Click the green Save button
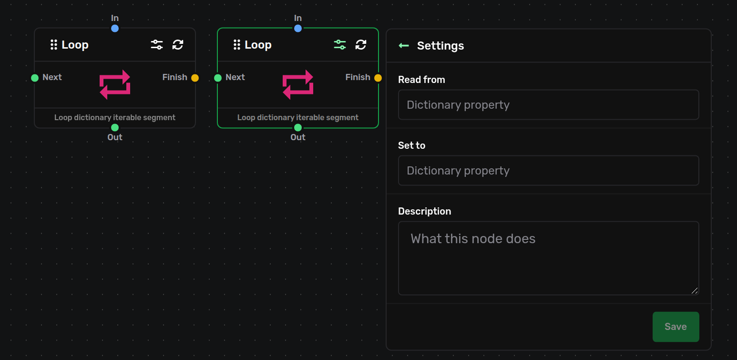tap(676, 327)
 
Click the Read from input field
tap(549, 104)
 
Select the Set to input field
tap(549, 170)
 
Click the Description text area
tap(549, 258)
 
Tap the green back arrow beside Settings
tap(404, 45)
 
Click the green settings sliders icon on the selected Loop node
tap(340, 44)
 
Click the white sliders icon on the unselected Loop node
tap(157, 44)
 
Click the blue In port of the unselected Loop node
tap(115, 29)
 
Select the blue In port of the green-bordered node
tap(298, 29)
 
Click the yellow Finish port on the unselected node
tap(195, 78)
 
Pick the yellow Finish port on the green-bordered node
tap(378, 78)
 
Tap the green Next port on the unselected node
tap(34, 78)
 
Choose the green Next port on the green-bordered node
tap(218, 78)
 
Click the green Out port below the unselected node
tap(115, 127)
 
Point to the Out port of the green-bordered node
tap(298, 127)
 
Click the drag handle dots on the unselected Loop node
tap(53, 45)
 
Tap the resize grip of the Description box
tap(695, 290)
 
